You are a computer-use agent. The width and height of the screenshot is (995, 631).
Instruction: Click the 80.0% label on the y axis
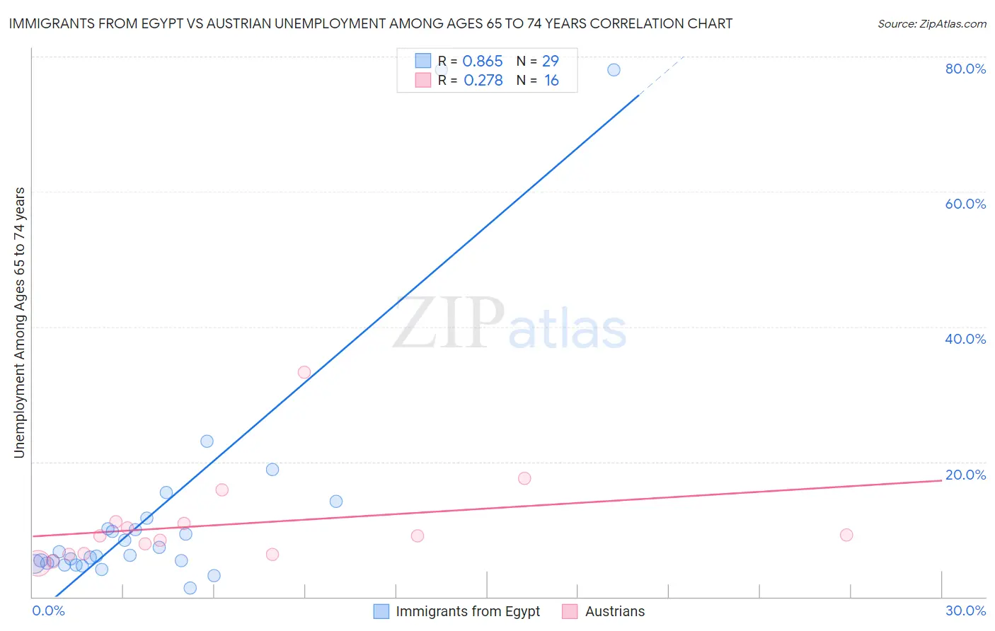965,69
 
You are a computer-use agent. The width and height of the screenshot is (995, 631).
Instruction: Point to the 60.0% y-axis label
965,204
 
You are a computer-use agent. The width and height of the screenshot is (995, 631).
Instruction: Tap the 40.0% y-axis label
965,339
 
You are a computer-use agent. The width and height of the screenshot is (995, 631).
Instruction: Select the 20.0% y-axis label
965,475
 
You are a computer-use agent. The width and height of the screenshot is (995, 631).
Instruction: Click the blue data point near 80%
614,69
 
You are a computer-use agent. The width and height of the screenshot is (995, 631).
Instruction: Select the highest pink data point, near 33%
304,372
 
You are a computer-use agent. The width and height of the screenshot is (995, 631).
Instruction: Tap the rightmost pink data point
846,535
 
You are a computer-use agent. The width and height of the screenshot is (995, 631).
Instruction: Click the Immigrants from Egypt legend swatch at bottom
381,611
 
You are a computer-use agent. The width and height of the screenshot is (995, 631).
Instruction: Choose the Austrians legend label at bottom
615,611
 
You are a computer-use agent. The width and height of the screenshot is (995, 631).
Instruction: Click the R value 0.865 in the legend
482,62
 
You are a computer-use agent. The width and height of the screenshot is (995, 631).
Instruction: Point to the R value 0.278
483,81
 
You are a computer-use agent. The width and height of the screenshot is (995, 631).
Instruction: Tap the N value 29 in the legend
550,62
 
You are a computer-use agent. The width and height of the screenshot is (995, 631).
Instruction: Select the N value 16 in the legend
551,81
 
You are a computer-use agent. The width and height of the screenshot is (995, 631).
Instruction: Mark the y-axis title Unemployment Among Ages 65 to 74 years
19,323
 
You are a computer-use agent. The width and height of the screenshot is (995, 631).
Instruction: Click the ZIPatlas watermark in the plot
510,324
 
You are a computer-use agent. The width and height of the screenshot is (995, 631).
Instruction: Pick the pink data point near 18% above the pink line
524,478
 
